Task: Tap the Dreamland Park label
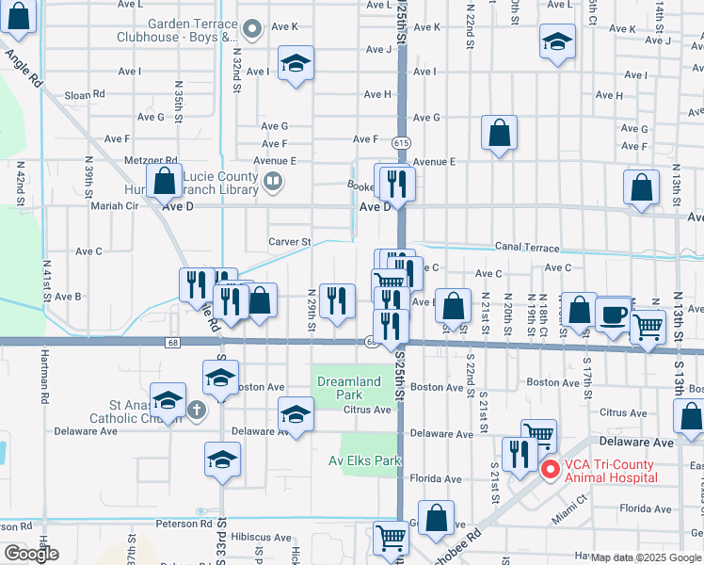[x=348, y=388]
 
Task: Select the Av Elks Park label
[x=365, y=460]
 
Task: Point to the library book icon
[x=272, y=181]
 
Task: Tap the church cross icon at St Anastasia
[x=196, y=410]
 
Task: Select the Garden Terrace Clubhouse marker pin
[x=251, y=27]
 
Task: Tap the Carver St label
[x=290, y=242]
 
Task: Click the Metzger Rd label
[x=151, y=161]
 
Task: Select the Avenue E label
[x=433, y=161]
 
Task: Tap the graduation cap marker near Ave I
[x=296, y=63]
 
